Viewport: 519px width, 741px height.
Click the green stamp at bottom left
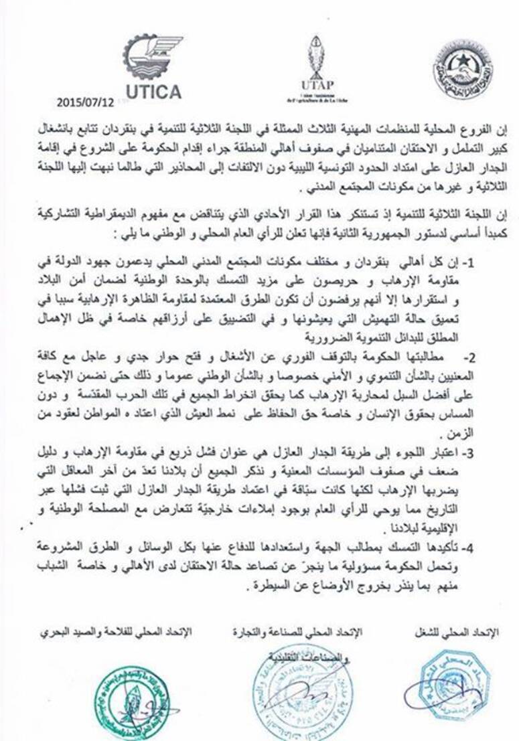(129, 703)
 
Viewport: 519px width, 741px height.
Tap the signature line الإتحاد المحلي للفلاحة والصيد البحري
(116, 633)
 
